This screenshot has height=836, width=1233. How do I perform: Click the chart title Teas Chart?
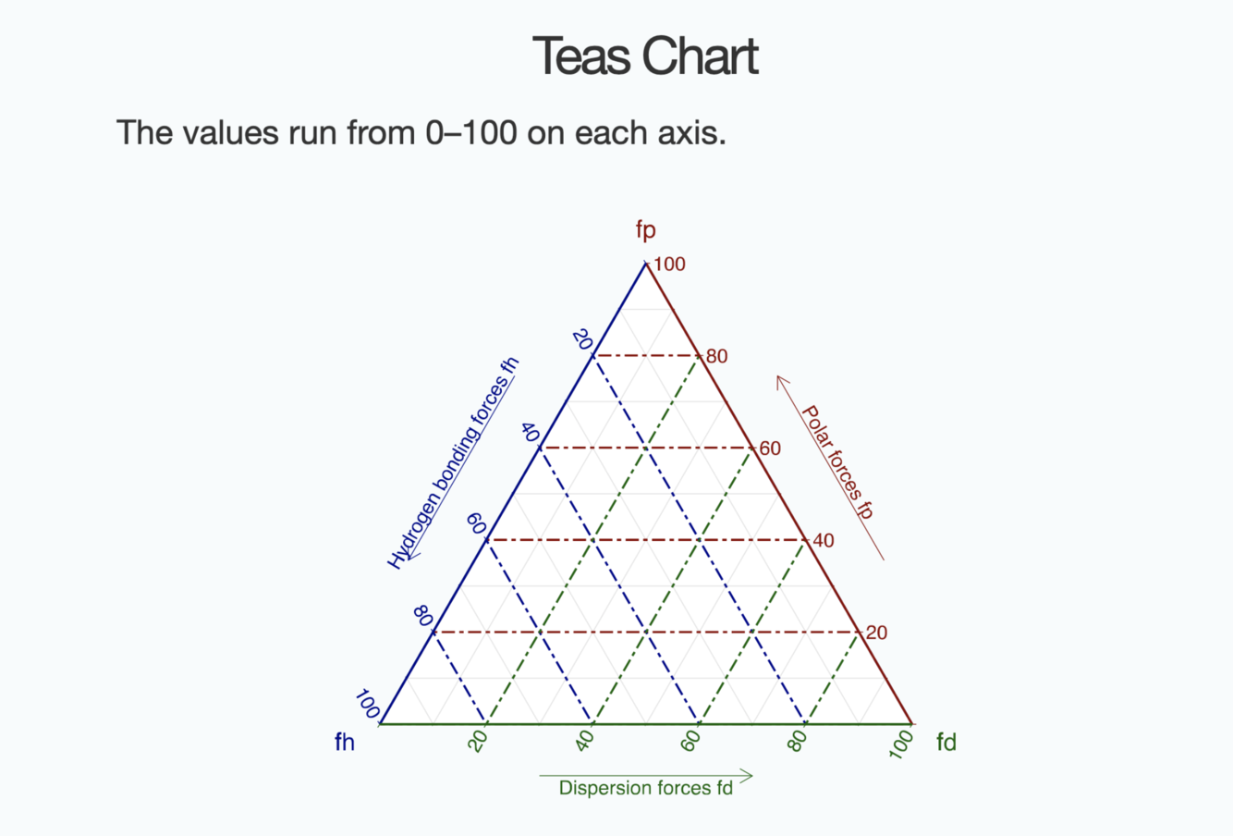pos(645,56)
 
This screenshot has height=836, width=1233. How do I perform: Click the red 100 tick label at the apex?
pos(669,264)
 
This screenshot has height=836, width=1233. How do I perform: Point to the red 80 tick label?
pos(716,357)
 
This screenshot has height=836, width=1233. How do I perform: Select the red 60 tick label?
pos(770,449)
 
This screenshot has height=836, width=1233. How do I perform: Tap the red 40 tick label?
pos(823,541)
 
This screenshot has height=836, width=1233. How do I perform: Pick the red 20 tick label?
pos(876,633)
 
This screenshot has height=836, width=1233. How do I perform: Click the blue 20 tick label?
pos(582,339)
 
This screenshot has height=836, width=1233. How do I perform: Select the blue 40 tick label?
pos(530,432)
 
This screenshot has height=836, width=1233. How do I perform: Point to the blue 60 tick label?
pos(476,524)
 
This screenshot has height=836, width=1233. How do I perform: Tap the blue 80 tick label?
pos(423,616)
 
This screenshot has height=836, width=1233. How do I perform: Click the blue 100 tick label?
pos(367,706)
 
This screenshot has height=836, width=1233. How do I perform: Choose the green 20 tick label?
pos(478,741)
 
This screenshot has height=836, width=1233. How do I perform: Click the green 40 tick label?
pos(584,741)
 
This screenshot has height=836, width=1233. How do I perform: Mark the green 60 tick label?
pos(690,741)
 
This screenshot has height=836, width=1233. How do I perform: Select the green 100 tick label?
pos(901,744)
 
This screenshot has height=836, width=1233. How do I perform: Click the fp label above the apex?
pos(645,228)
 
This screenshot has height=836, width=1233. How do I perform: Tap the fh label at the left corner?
pos(345,742)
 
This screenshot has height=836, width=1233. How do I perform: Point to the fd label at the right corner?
pos(946,742)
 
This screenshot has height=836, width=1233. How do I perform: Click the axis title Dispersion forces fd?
pos(645,788)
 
